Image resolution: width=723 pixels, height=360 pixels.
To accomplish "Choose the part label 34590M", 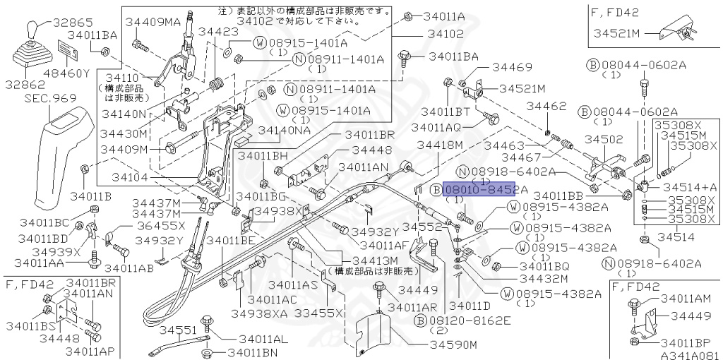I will (454, 344).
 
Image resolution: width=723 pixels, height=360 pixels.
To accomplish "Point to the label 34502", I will (602, 140).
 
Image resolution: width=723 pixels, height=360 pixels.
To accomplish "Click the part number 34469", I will (511, 68).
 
